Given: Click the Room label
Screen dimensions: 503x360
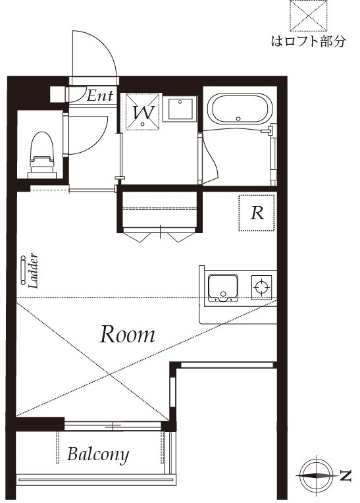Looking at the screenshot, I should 128,334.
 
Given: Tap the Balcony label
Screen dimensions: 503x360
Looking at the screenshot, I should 98,454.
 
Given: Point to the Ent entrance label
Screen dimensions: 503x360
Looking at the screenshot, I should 101,96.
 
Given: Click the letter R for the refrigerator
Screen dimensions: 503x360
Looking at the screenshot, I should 257,213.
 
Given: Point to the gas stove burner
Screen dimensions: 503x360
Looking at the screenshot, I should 261,286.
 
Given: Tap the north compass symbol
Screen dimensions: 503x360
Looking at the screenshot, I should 315,474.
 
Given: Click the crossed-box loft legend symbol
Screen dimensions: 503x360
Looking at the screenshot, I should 309,15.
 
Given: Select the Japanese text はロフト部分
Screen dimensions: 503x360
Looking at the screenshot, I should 308,43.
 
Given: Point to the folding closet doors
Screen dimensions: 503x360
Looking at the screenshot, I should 161,233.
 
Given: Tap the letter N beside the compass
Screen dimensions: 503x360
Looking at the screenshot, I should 346,475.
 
